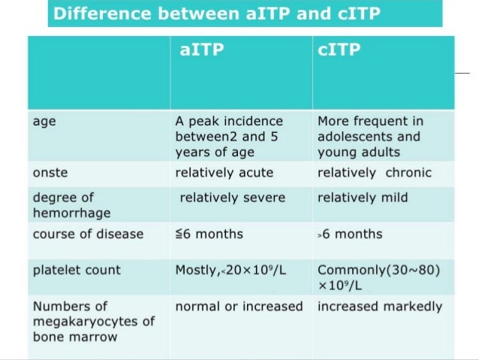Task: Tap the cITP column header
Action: click(340, 50)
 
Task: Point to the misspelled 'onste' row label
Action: click(50, 173)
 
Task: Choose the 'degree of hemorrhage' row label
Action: click(65, 204)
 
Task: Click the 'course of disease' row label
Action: click(88, 234)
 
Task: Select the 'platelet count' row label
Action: click(77, 270)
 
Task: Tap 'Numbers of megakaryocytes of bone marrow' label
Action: click(93, 321)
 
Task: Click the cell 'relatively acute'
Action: click(224, 173)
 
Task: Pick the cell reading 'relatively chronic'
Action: click(375, 173)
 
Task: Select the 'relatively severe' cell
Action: click(233, 198)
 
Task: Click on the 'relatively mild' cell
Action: click(363, 198)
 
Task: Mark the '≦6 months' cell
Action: click(209, 234)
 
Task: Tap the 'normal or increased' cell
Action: click(239, 307)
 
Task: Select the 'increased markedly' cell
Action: click(380, 307)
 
